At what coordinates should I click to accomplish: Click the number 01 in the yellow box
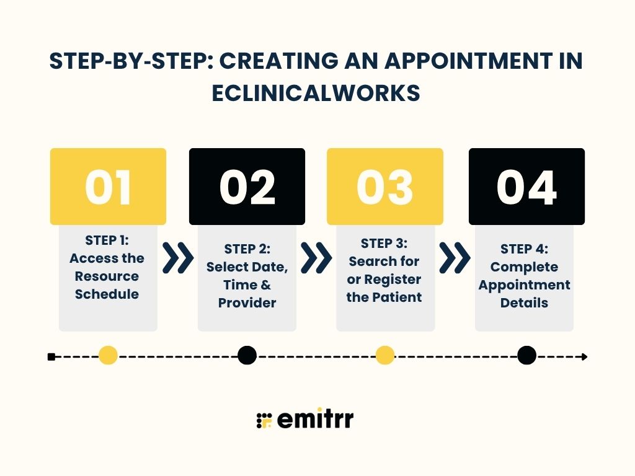(108, 187)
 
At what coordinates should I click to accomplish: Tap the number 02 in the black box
(247, 187)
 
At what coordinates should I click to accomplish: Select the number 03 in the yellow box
(385, 187)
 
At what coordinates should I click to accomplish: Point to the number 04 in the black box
(526, 187)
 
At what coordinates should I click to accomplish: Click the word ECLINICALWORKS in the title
(316, 93)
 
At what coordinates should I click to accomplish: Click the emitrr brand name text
(315, 420)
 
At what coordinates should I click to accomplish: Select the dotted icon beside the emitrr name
(264, 420)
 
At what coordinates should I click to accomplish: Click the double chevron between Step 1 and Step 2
(178, 258)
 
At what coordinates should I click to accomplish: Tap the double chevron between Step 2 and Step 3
(316, 258)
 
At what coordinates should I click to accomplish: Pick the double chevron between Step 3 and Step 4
(455, 258)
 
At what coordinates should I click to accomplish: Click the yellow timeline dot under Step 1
(108, 356)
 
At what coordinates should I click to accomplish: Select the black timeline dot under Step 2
(247, 356)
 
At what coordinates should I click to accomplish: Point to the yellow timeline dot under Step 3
(385, 356)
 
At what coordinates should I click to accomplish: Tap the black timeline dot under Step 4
(526, 356)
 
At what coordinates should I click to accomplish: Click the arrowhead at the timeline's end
(584, 356)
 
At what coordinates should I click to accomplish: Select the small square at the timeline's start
(51, 356)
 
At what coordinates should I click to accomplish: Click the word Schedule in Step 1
(107, 294)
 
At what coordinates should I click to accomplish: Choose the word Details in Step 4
(525, 303)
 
